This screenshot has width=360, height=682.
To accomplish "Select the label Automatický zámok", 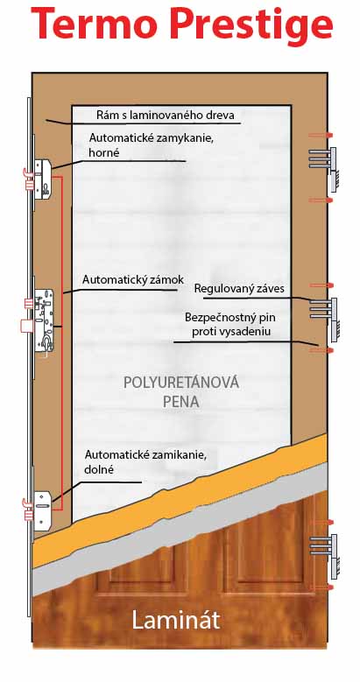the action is pyautogui.click(x=133, y=279).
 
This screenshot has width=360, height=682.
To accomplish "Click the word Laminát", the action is pyautogui.click(x=175, y=621).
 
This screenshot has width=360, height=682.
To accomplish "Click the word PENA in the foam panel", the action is pyautogui.click(x=181, y=402).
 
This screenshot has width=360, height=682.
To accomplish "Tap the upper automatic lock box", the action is pyautogui.click(x=43, y=179).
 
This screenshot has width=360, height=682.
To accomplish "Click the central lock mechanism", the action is pyautogui.click(x=44, y=320).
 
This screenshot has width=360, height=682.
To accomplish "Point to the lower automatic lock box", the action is pyautogui.click(x=43, y=510).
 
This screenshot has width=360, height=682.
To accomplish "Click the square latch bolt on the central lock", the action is pyautogui.click(x=26, y=326).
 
